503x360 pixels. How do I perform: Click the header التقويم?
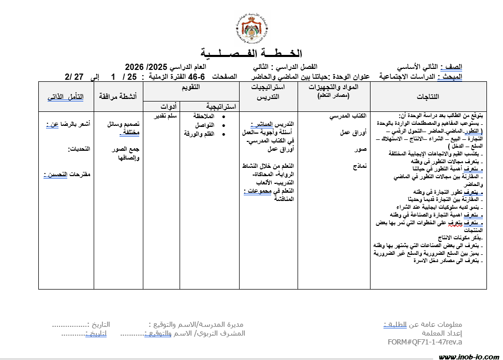tap(191, 88)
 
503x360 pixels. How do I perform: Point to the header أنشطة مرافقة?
tap(118, 97)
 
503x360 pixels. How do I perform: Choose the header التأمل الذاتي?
tap(66, 97)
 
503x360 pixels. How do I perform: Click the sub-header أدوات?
tap(161, 106)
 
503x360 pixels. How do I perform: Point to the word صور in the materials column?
tap(362, 150)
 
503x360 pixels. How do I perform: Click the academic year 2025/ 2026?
tap(146, 67)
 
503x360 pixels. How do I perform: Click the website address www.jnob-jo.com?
tap(468, 356)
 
